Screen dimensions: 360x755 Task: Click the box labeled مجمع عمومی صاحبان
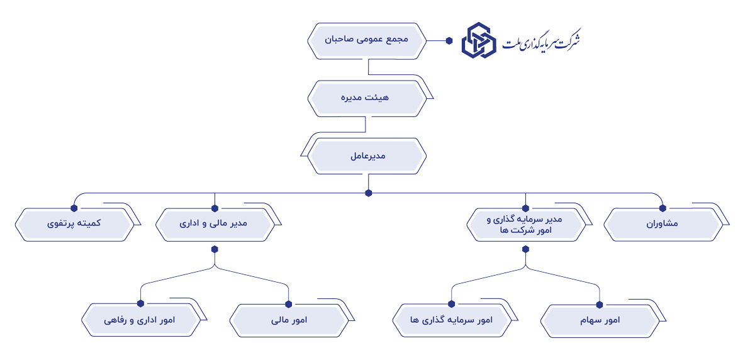367,40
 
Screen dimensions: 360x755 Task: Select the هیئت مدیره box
367,98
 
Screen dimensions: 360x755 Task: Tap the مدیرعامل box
367,155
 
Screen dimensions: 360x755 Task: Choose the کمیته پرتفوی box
74,223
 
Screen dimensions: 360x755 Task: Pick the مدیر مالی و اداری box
215,223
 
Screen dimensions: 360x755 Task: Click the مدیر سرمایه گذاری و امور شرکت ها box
526,223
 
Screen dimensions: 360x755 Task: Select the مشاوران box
663,223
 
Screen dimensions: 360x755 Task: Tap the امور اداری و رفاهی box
140,320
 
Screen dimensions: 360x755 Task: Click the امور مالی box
289,320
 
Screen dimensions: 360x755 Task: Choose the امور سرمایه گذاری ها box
451,320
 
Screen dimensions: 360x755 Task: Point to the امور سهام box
600,320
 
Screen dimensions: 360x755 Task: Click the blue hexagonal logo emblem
479,40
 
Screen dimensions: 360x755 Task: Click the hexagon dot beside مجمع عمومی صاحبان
449,41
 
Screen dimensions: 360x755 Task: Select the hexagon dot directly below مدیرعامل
369,193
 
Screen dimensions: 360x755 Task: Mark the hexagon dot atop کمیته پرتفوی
74,208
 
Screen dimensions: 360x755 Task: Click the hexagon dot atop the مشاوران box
663,208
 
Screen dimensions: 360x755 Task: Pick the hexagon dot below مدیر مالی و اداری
215,249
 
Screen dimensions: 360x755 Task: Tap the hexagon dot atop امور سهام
600,305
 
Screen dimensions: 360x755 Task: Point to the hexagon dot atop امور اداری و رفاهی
140,303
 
